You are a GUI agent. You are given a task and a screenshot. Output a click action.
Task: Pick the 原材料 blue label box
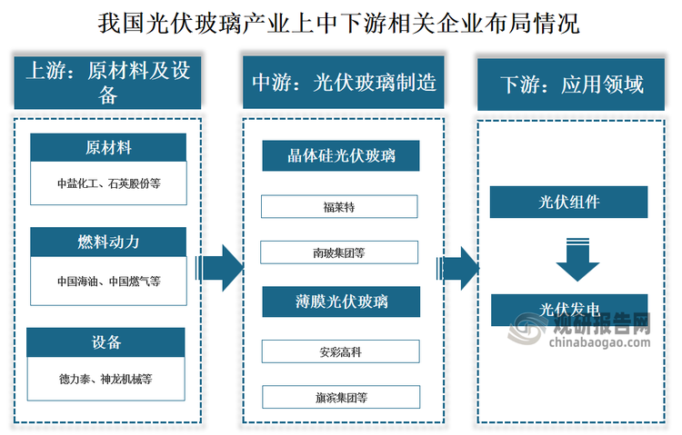[x=108, y=147]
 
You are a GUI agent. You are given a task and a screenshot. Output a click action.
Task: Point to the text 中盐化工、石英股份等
[x=108, y=183]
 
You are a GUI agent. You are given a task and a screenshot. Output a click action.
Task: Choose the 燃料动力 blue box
[x=108, y=242]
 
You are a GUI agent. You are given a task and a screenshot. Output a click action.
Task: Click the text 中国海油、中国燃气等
[x=108, y=281]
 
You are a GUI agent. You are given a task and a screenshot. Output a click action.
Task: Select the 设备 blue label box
[x=108, y=341]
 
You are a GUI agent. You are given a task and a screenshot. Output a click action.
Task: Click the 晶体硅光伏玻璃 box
[x=340, y=156]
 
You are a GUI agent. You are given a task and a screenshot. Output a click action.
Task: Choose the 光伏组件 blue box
[x=568, y=202]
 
